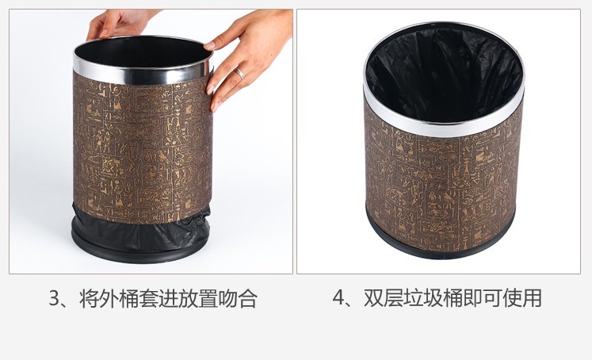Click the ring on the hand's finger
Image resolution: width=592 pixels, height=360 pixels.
pyautogui.click(x=239, y=73)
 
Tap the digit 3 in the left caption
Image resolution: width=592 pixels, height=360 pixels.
pyautogui.click(x=55, y=298)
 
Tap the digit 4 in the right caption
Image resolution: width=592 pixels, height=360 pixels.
pyautogui.click(x=338, y=298)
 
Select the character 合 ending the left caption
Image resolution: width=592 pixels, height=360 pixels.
pyautogui.click(x=247, y=298)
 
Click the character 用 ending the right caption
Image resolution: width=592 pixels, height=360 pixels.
pyautogui.click(x=532, y=298)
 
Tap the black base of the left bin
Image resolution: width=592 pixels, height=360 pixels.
pyautogui.click(x=139, y=252)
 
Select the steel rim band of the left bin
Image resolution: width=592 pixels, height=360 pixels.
pyautogui.click(x=142, y=75)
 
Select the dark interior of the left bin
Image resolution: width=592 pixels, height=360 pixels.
pyautogui.click(x=143, y=53)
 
